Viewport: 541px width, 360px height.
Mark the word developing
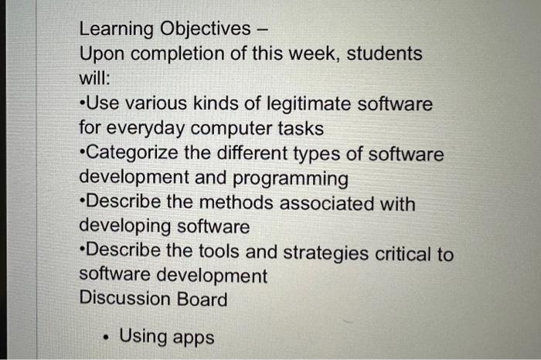click(x=126, y=228)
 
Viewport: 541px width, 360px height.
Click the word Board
click(x=203, y=298)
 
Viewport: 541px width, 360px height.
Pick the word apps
click(x=193, y=338)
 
